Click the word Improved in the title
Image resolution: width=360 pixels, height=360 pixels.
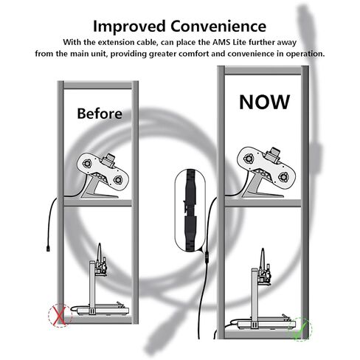click(x=129, y=27)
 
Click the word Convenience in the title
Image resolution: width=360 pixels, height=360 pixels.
click(x=218, y=26)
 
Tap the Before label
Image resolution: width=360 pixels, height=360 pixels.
click(x=100, y=114)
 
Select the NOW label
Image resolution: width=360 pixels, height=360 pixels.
click(x=265, y=102)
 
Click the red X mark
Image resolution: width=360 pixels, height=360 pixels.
click(x=60, y=315)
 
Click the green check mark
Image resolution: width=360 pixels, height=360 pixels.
click(x=301, y=330)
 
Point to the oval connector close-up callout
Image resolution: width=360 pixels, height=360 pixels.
click(x=190, y=210)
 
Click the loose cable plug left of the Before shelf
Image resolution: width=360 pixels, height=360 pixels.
click(x=48, y=248)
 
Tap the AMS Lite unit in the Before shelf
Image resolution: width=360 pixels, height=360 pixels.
click(x=103, y=176)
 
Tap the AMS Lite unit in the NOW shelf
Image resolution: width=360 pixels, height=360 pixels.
click(x=266, y=172)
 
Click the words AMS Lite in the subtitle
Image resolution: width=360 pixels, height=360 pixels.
click(x=229, y=42)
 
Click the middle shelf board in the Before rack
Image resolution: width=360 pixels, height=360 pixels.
click(x=98, y=203)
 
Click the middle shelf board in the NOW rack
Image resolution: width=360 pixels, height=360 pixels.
click(x=263, y=204)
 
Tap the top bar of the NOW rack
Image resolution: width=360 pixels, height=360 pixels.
click(x=263, y=70)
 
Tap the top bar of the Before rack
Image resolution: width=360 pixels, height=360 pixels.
click(x=98, y=85)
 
